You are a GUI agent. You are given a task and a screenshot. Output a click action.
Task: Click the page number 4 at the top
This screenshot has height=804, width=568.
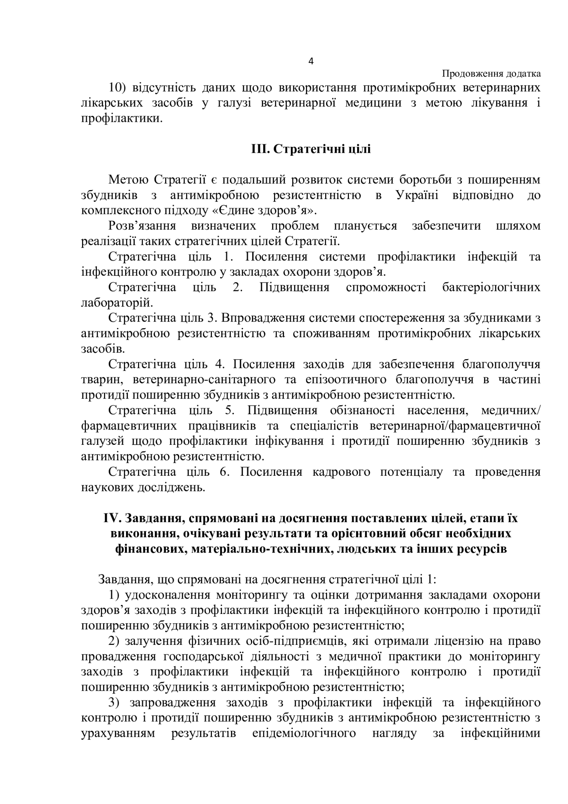[311, 61]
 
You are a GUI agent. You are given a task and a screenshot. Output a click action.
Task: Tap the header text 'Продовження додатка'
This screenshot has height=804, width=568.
[491, 74]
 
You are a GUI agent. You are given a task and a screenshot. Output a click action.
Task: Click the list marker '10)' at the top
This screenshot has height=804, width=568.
[116, 88]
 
